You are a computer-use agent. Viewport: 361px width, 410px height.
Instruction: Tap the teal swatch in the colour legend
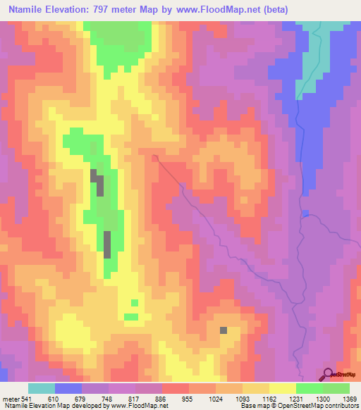pyautogui.click(x=42, y=388)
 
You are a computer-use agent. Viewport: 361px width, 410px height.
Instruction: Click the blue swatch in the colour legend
pyautogui.click(x=68, y=388)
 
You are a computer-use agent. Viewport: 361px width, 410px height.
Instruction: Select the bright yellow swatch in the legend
pyautogui.click(x=283, y=388)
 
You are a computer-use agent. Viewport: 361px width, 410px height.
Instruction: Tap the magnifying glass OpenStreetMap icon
pyautogui.click(x=327, y=374)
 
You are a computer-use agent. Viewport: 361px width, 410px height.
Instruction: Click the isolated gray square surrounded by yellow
pyautogui.click(x=224, y=330)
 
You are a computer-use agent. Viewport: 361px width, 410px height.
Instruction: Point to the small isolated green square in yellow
pyautogui.click(x=134, y=303)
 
